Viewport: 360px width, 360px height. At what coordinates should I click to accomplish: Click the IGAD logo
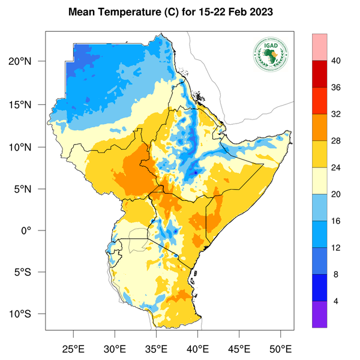tap(270, 55)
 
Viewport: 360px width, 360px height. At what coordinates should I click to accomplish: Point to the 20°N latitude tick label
tap(29, 62)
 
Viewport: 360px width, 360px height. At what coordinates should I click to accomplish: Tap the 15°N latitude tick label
tap(29, 104)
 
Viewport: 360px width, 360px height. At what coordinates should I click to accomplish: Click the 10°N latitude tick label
tap(29, 147)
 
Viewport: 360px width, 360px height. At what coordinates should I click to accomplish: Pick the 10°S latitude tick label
tap(29, 314)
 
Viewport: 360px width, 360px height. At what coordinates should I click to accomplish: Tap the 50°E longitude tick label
tap(281, 349)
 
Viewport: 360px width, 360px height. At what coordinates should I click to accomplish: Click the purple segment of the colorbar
tap(319, 314)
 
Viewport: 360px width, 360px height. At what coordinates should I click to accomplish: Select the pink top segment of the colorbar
tap(319, 47)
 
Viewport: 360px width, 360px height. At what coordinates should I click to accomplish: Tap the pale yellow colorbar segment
tap(319, 181)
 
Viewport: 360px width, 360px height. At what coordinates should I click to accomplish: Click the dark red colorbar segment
tap(319, 74)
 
